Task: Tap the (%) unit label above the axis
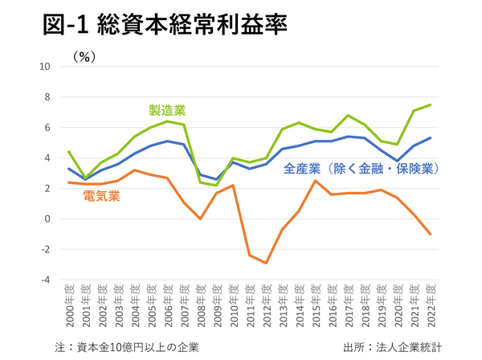pyautogui.click(x=84, y=57)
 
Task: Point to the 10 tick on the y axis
pyautogui.click(x=45, y=67)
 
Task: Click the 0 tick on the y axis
pyautogui.click(x=47, y=219)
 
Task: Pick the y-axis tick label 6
pyautogui.click(x=47, y=128)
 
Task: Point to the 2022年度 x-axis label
pyautogui.click(x=430, y=307)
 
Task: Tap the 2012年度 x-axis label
pyautogui.click(x=267, y=307)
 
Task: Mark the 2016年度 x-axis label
pyautogui.click(x=332, y=307)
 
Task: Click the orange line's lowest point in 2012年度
pyautogui.click(x=267, y=263)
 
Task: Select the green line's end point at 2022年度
pyautogui.click(x=430, y=104)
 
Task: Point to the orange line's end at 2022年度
pyautogui.click(x=430, y=234)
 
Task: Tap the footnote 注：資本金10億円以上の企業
pyautogui.click(x=125, y=346)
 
